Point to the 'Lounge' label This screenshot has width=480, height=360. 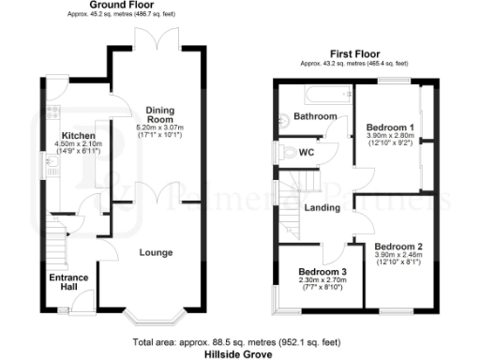point(156,252)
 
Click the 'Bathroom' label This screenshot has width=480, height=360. point(315,115)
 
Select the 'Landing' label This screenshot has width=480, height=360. point(322,207)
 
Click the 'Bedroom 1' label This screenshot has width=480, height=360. point(391,127)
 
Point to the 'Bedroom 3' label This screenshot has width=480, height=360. point(310,273)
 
